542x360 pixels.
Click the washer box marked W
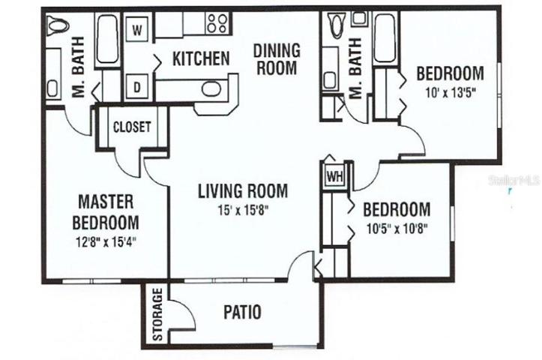coord(137,30)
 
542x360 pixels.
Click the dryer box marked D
coord(137,87)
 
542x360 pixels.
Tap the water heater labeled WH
coord(335,176)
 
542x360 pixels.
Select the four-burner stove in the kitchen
coord(217,22)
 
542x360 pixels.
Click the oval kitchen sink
coord(211,89)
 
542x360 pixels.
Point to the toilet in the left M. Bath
coord(58,25)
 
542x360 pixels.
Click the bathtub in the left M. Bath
coord(107,40)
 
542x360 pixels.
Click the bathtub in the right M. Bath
coord(385,38)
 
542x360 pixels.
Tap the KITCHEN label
coord(201,58)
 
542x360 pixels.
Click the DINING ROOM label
coord(277,59)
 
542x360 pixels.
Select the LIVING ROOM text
coord(243,190)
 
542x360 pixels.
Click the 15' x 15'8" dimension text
coord(243,210)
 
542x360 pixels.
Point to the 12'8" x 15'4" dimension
coord(106,241)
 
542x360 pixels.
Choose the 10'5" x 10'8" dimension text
coord(397,229)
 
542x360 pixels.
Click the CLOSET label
coord(132,127)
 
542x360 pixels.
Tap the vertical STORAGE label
coord(157,314)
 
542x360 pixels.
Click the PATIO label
coord(242,312)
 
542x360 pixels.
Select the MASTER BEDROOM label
coord(106,212)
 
